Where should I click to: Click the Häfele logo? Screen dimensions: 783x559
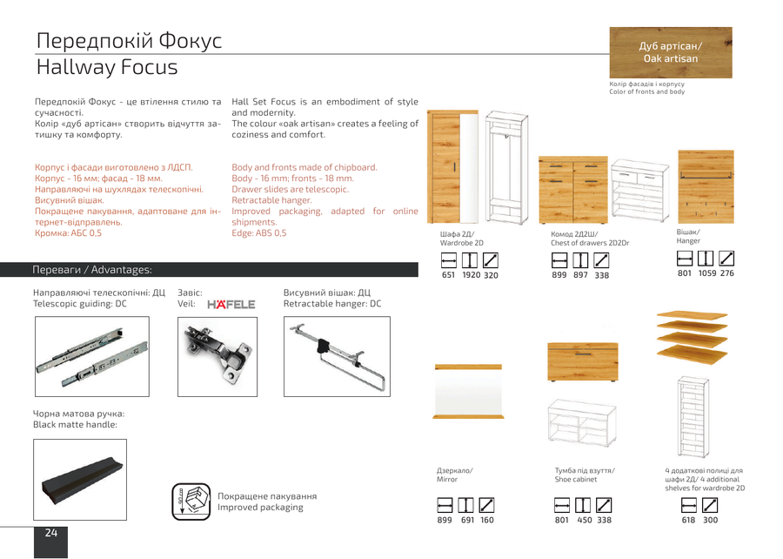[x=231, y=304]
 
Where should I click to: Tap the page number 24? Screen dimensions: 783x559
[x=51, y=533]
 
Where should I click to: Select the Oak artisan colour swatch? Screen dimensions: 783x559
[x=671, y=52]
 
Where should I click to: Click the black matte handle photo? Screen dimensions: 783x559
[x=80, y=480]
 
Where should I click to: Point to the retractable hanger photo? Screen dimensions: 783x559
[x=337, y=356]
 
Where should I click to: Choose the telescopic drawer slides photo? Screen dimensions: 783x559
[x=92, y=356]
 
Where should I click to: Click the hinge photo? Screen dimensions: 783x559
[x=217, y=357]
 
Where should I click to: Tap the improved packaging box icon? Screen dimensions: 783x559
[x=191, y=502]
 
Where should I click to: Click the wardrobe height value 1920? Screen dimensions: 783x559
[x=471, y=275]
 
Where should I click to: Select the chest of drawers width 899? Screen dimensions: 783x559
[x=559, y=275]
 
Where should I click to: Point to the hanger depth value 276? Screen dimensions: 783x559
[x=727, y=273]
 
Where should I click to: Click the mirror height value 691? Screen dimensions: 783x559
[x=467, y=520]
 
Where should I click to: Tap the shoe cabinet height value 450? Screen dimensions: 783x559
[x=585, y=520]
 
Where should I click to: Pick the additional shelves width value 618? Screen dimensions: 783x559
[x=689, y=520]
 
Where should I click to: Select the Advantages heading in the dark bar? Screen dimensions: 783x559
[x=121, y=270]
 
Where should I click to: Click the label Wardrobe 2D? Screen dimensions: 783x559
[x=461, y=243]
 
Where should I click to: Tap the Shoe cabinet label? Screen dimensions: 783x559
[x=576, y=480]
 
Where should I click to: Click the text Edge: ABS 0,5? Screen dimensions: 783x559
[x=258, y=233]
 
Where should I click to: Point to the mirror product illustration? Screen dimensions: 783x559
[x=468, y=392]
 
